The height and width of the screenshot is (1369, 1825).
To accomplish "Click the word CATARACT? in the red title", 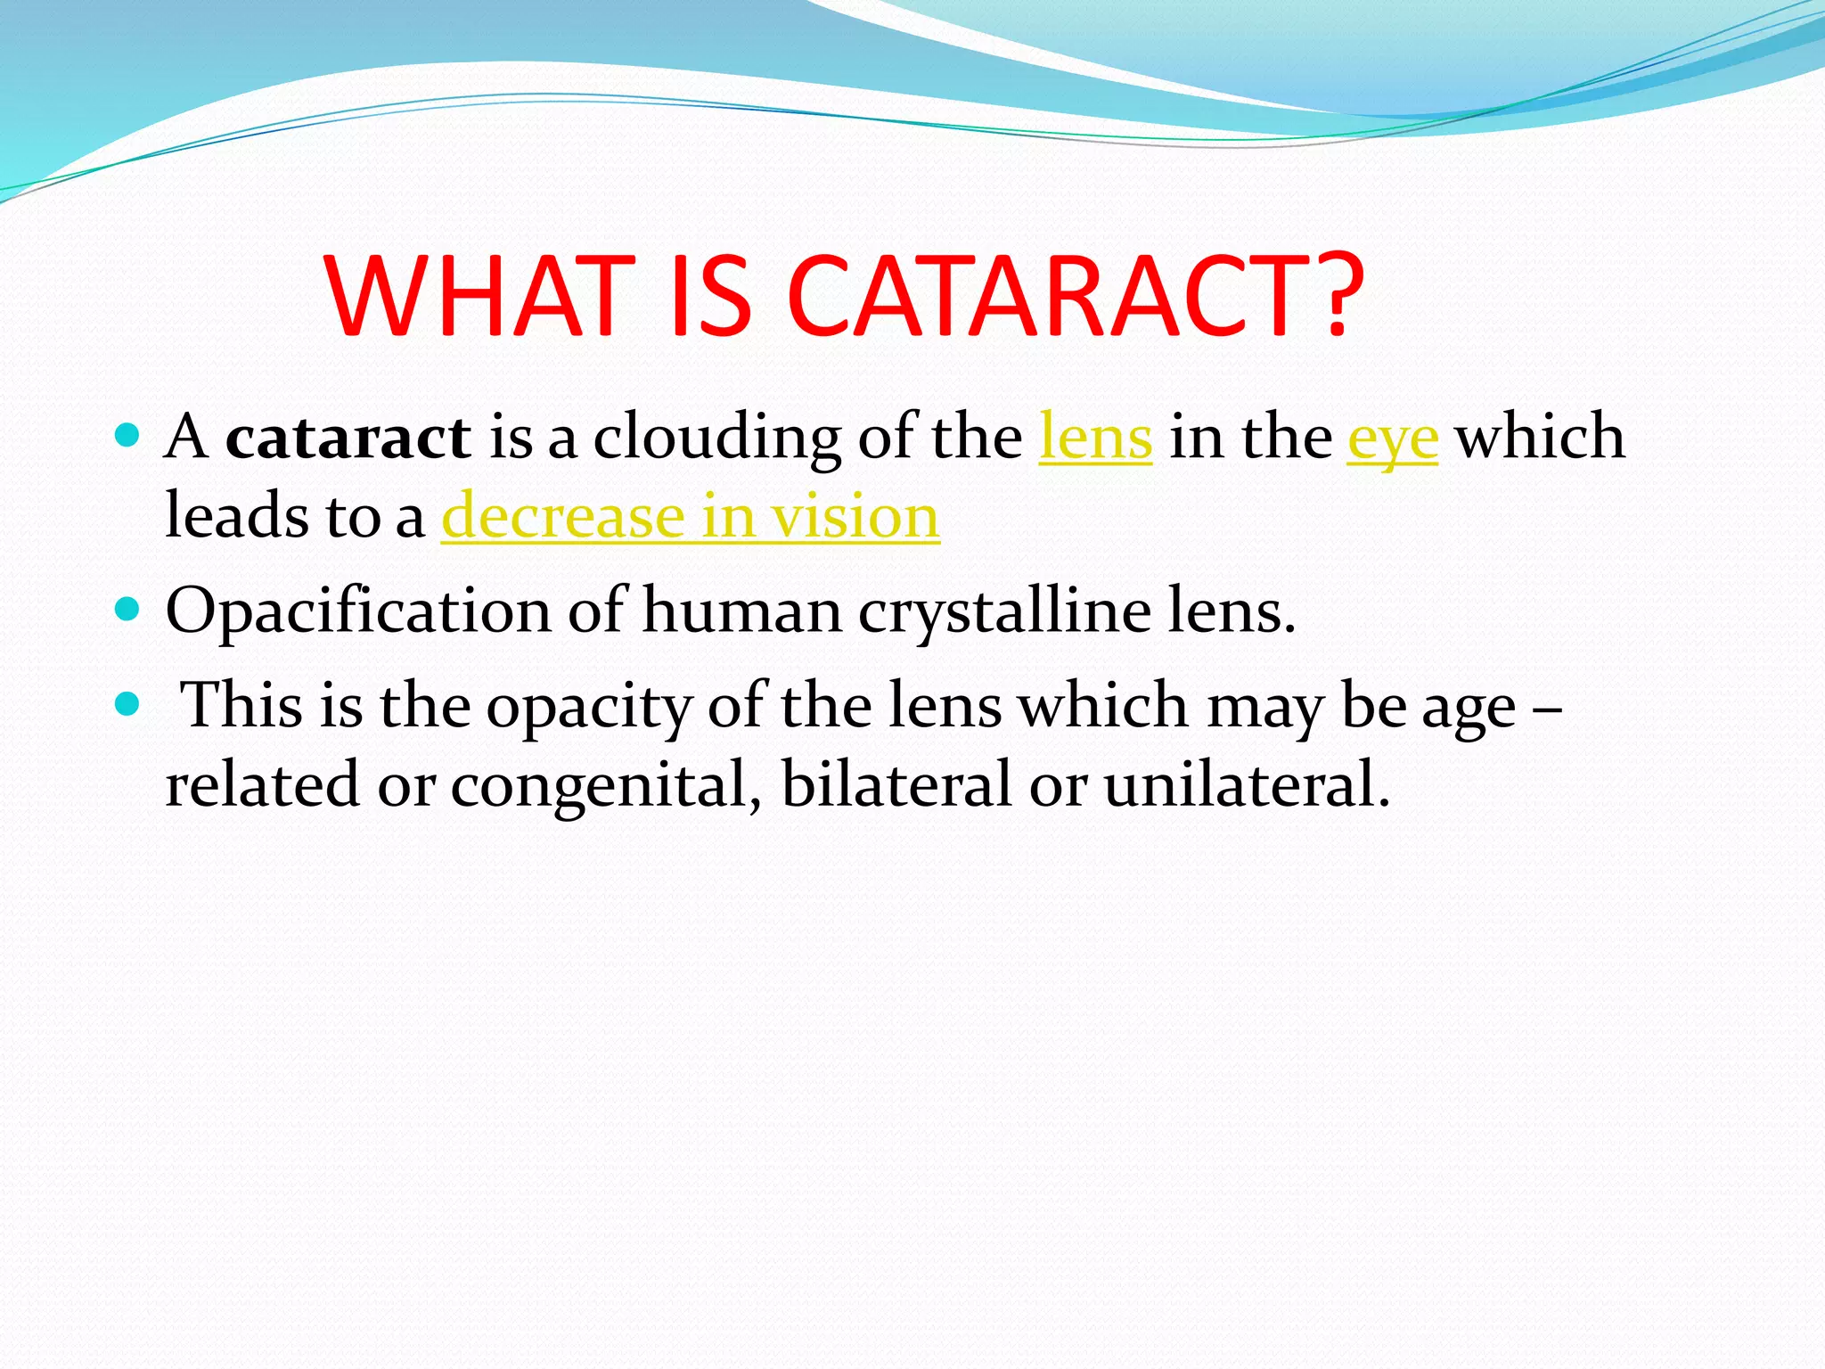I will tap(1075, 296).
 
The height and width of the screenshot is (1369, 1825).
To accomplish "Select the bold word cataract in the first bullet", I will tap(348, 438).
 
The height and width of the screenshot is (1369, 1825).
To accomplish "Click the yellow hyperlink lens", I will tap(1095, 438).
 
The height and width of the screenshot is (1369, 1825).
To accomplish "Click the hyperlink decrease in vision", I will tap(691, 517).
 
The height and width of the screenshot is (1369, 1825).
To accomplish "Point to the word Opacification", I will tap(358, 612).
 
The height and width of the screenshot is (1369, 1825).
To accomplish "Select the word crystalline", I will tap(1005, 612).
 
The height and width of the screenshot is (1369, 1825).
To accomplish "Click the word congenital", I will tap(606, 785).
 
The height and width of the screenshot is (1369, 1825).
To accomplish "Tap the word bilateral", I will tap(896, 785).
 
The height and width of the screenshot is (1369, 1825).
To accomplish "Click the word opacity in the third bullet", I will tap(589, 707).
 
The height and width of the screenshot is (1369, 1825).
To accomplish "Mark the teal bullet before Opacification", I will tap(128, 610).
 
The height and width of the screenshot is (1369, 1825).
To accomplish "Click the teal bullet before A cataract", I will tap(128, 436).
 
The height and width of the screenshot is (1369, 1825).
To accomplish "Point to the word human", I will tap(741, 612).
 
